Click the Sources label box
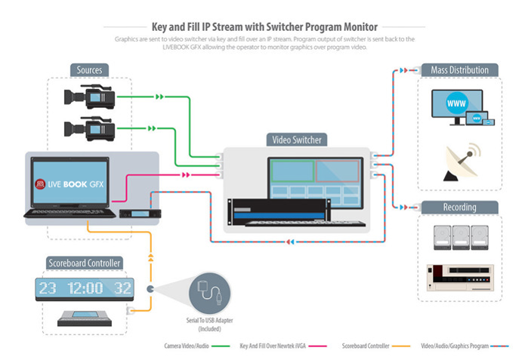click(x=89, y=70)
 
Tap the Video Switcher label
click(x=296, y=140)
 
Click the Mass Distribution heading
click(x=459, y=70)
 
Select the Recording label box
click(x=459, y=206)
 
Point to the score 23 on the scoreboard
click(x=48, y=288)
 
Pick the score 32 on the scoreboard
click(x=123, y=288)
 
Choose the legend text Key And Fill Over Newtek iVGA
click(x=275, y=346)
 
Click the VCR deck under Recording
click(x=457, y=276)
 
